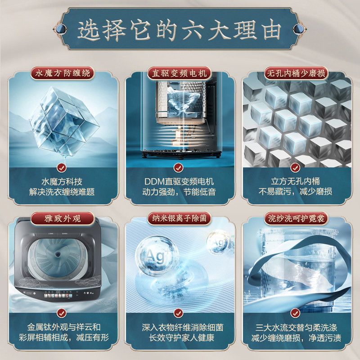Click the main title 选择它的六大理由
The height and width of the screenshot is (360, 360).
coord(180,31)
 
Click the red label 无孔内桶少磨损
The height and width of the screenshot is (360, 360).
coord(297,73)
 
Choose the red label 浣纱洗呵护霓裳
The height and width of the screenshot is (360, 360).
coord(297,219)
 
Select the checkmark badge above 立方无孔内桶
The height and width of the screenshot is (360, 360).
coord(296,168)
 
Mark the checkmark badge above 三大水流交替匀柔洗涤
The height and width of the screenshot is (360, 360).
coord(296,312)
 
